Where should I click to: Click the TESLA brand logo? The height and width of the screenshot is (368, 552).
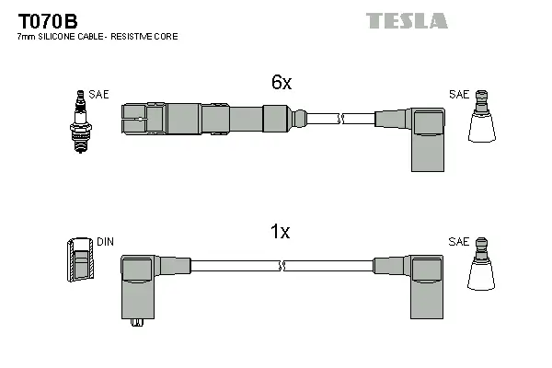(x=407, y=20)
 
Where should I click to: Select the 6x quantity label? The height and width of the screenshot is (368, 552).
(x=282, y=83)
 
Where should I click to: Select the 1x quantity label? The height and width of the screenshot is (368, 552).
(x=282, y=232)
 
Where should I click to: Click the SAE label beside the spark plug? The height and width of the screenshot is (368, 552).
(x=98, y=94)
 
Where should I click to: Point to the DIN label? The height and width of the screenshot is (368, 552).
(x=105, y=242)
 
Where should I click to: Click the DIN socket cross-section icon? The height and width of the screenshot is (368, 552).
(x=80, y=259)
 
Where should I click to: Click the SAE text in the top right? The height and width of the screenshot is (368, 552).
(x=458, y=94)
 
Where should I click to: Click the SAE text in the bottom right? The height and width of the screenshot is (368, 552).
(x=458, y=242)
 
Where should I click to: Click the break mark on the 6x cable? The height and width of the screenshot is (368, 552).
(x=341, y=119)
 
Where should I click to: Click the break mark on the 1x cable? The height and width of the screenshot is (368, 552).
(x=282, y=266)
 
